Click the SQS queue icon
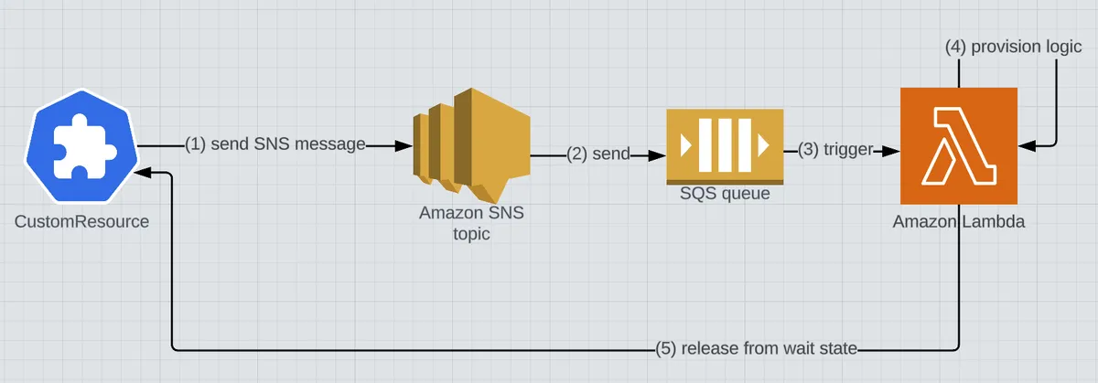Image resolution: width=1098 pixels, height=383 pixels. point(725,145)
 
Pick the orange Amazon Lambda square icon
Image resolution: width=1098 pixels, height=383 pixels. point(959,145)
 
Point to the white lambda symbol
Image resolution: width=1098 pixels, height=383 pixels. point(959,146)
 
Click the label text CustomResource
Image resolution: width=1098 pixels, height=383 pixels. point(82,221)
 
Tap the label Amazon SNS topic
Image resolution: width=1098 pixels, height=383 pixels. point(472,223)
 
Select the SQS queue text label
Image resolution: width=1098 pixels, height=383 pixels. point(725,193)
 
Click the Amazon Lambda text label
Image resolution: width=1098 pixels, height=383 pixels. point(959,221)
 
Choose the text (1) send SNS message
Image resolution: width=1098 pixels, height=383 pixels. point(275,145)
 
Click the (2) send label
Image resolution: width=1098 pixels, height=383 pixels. point(598,154)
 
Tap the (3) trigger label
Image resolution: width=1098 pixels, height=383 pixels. point(834,149)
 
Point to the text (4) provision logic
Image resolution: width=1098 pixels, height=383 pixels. point(1013,47)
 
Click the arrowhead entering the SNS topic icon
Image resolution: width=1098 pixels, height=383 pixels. point(403,145)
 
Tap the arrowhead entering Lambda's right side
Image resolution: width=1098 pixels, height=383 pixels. point(1026,145)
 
